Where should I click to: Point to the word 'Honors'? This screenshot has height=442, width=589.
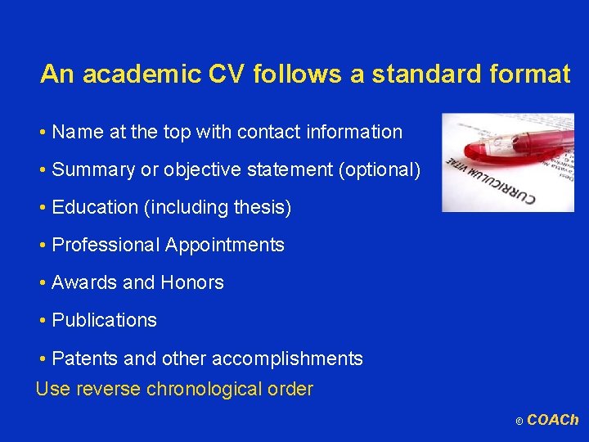(192, 282)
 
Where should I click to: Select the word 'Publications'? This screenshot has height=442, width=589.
(104, 320)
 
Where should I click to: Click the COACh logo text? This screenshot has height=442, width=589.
(553, 420)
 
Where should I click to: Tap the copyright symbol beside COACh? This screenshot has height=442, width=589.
(519, 422)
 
